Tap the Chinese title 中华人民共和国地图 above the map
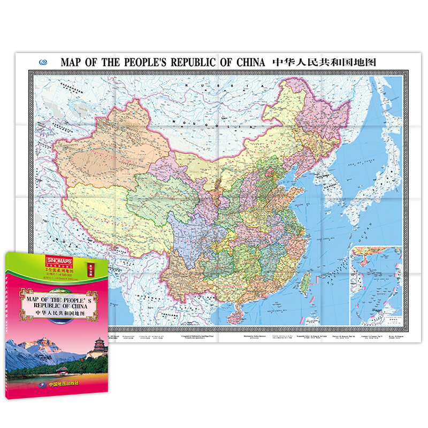tap(325, 62)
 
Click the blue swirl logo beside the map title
tap(45, 62)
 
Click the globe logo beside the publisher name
tap(37, 383)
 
